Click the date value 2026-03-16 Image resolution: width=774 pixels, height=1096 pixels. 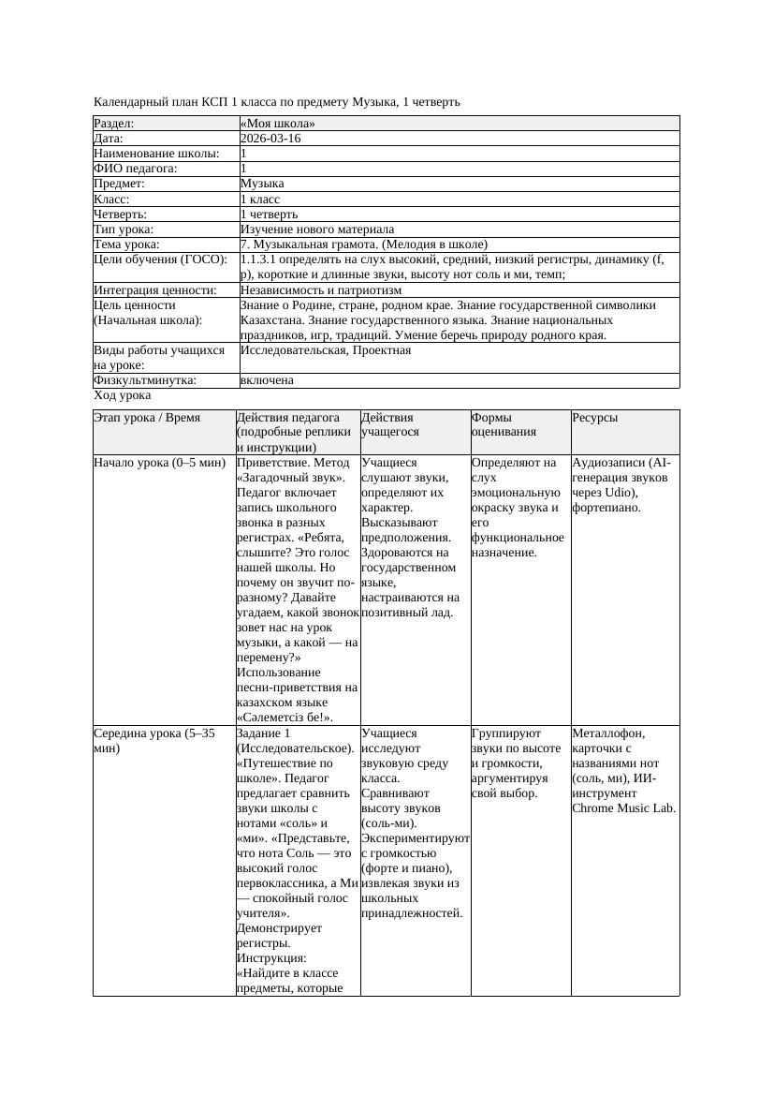pos(270,139)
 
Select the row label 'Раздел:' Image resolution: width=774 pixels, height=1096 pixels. pos(114,124)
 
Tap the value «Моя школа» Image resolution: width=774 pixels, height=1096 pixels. pos(278,124)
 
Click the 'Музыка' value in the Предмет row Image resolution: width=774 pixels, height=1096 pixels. pos(263,184)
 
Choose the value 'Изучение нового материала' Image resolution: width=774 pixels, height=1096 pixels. pos(317,230)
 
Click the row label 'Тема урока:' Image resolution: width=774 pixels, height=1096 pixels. pos(126,244)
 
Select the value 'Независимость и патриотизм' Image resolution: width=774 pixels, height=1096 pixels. pos(321,290)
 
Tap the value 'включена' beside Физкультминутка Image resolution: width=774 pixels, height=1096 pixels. pos(267,380)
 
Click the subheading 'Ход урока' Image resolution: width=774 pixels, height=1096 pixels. pos(123,395)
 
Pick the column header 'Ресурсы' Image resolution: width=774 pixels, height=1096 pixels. pos(595,418)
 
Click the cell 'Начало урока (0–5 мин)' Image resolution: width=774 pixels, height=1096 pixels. pos(159,463)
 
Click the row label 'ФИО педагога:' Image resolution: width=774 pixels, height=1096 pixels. pos(137,169)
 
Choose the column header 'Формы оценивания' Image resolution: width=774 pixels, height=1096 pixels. pos(504,424)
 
